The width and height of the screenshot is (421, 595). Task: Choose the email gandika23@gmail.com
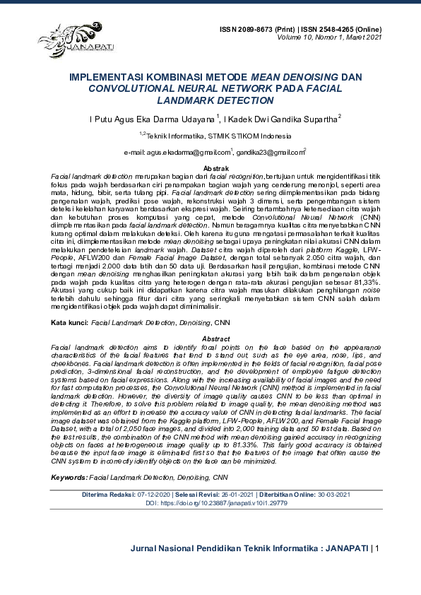coord(269,152)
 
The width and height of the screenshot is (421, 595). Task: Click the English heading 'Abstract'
coord(210,339)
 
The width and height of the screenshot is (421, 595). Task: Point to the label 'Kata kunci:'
coord(69,322)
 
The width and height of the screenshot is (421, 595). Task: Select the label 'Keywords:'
coord(68,478)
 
